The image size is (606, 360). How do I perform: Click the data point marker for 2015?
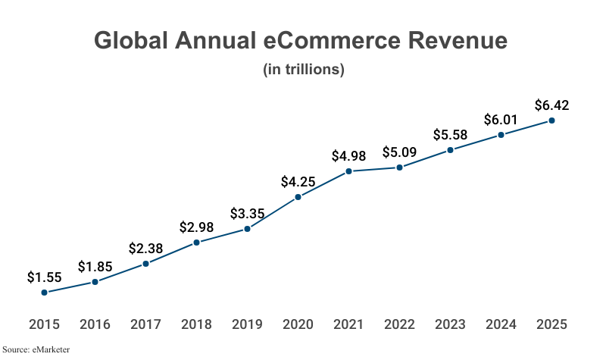click(44, 292)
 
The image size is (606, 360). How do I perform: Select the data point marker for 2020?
click(298, 197)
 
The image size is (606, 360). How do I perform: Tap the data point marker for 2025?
click(551, 121)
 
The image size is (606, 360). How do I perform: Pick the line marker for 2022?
click(399, 167)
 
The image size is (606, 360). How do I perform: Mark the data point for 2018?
click(196, 243)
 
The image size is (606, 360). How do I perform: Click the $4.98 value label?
click(348, 156)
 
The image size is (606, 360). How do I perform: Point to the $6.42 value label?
click(551, 105)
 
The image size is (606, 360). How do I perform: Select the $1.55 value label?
click(44, 277)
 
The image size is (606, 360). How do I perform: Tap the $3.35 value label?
click(247, 213)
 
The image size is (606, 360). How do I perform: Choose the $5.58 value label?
click(450, 135)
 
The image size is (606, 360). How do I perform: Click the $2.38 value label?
click(145, 248)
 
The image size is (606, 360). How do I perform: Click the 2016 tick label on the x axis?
click(95, 324)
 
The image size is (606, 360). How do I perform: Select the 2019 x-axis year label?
click(247, 324)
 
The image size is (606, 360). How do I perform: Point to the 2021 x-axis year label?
click(348, 324)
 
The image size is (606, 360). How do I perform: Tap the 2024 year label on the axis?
click(501, 324)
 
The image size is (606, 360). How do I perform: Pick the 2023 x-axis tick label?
click(450, 324)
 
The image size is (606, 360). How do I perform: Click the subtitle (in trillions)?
click(303, 70)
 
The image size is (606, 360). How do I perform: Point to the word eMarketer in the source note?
click(51, 349)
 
